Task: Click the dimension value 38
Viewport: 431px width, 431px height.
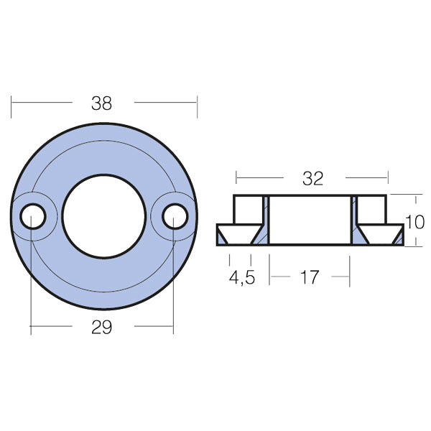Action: point(102,103)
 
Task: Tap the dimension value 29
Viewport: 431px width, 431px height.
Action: point(102,328)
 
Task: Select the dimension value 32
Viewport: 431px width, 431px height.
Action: point(312,179)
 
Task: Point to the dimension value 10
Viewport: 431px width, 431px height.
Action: point(415,222)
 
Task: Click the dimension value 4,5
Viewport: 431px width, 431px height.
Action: point(241,277)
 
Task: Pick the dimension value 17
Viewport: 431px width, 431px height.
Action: point(309,277)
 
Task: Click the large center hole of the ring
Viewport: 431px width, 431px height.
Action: point(103,216)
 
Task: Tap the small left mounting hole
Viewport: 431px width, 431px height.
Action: point(32,215)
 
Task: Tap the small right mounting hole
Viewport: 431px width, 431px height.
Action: point(173,215)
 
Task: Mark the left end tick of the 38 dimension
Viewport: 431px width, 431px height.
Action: point(12,103)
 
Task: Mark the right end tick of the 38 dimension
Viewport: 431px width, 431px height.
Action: point(197,103)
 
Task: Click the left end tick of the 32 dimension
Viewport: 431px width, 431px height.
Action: point(236,177)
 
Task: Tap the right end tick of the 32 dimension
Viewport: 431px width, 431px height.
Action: point(388,177)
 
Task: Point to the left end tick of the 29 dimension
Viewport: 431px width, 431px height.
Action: point(32,328)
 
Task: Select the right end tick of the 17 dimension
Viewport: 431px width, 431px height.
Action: point(350,276)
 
